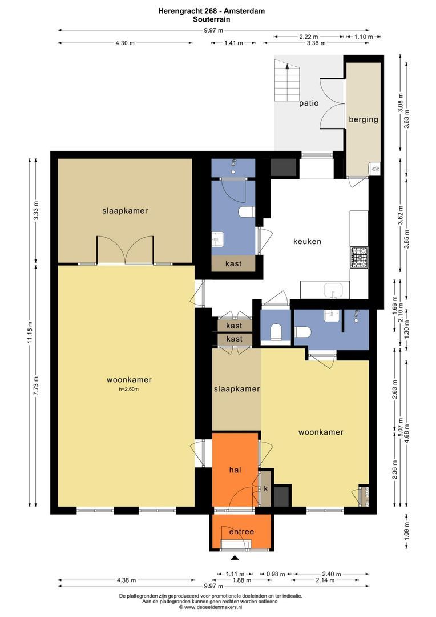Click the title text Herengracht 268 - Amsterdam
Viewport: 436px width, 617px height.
212,11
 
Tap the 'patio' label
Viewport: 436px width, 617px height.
309,103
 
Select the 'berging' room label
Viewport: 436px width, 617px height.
364,119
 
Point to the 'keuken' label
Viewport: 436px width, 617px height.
307,241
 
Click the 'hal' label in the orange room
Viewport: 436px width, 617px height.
235,470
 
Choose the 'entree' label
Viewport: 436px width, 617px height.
241,532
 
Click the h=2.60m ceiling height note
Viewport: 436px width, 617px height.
128,390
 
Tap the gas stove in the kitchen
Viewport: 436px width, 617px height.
360,258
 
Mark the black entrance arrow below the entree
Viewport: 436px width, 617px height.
235,557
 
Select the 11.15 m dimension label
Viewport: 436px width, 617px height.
30,332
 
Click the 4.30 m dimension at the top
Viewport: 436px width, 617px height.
125,43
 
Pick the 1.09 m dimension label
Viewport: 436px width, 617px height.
406,530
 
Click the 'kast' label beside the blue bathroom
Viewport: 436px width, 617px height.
233,263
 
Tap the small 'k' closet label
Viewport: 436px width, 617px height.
266,488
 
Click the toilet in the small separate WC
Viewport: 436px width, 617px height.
276,332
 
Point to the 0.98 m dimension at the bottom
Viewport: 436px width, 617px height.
276,574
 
